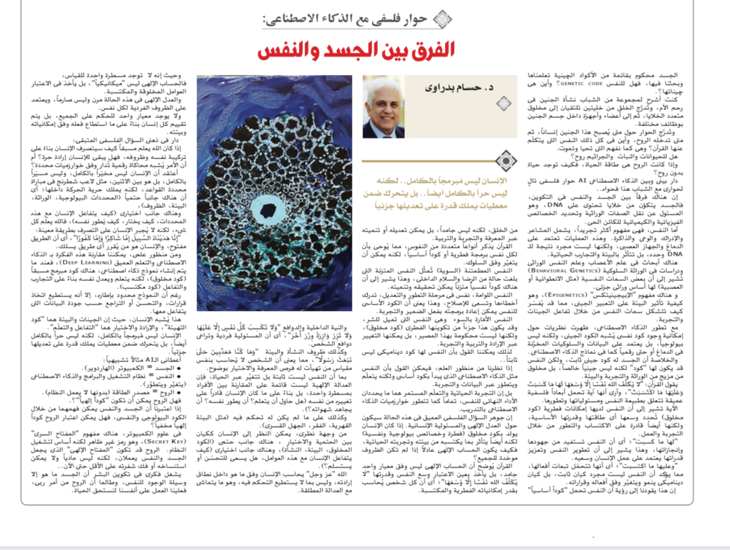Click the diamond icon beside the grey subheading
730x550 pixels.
pos(441,19)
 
